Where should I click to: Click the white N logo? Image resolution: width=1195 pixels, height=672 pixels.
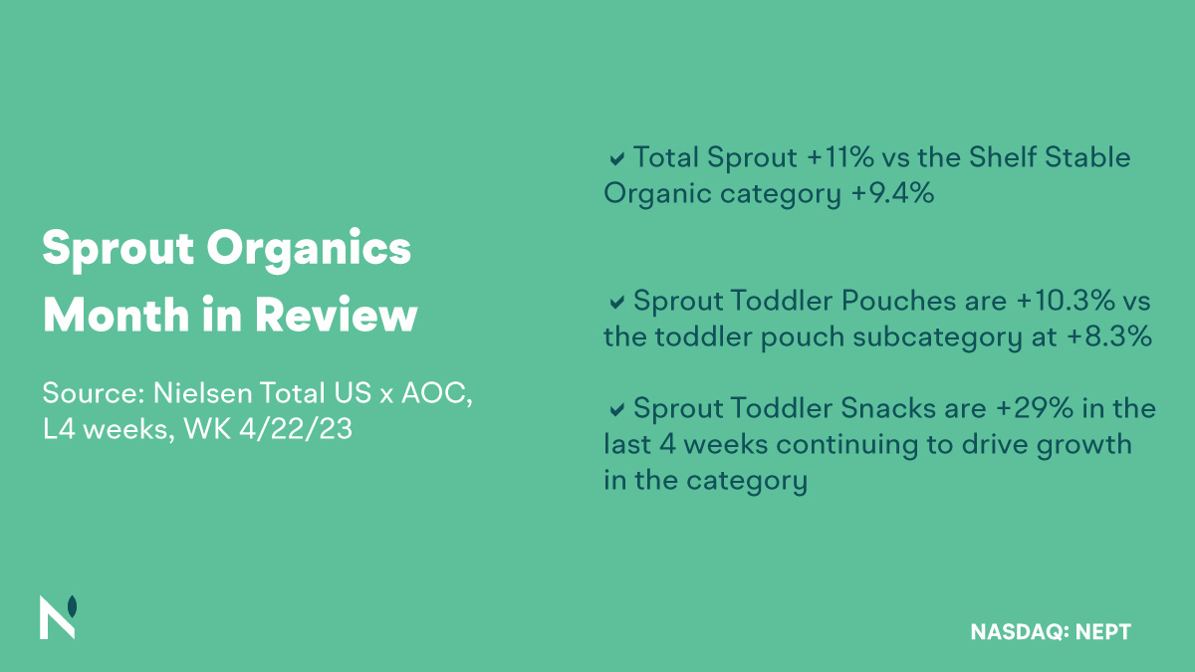point(58,617)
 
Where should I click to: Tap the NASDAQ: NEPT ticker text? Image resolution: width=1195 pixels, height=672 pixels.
point(1051,631)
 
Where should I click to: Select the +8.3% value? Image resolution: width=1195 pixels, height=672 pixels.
point(1108,336)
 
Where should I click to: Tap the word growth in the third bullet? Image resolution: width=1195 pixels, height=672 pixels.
point(1080,444)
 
